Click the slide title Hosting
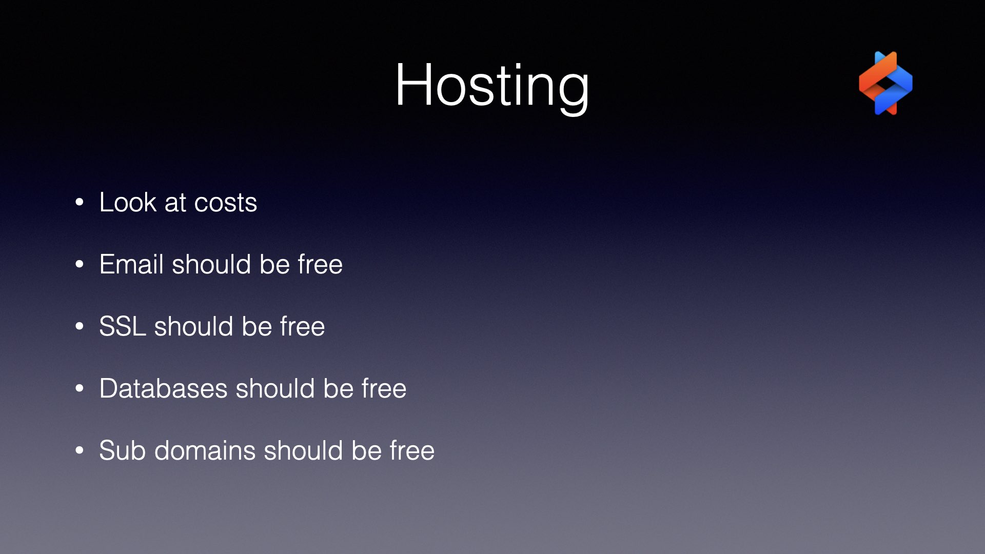point(492,86)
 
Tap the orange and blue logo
point(885,83)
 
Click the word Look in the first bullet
point(128,202)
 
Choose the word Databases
point(163,388)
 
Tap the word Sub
point(122,450)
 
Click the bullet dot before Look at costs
point(79,203)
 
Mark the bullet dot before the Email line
point(79,265)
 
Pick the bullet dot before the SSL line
point(79,327)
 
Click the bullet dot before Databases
point(79,389)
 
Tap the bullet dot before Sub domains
point(79,451)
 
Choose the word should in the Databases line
point(275,388)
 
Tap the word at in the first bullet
point(175,203)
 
